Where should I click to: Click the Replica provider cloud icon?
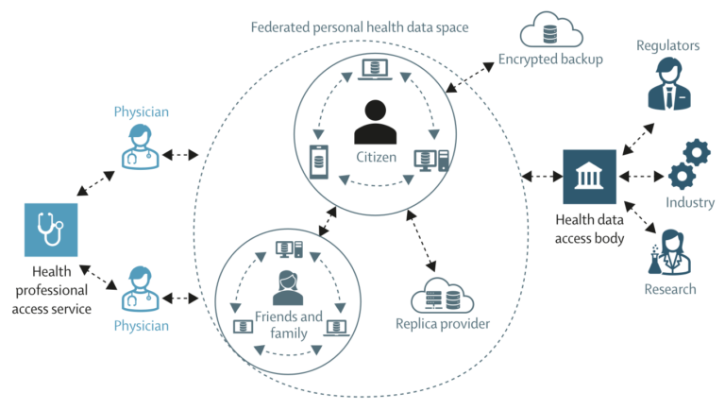point(442,297)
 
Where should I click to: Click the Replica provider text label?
point(443,324)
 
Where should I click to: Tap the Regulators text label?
point(668,44)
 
